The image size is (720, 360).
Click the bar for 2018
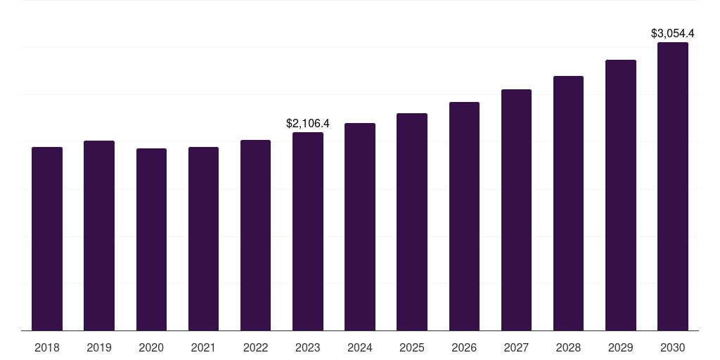[x=47, y=238]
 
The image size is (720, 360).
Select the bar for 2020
[x=151, y=239]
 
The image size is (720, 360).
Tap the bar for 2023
[x=308, y=231]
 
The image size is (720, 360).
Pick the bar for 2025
[x=412, y=221]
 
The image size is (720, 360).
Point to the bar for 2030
[x=673, y=186]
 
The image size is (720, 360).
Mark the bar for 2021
[x=203, y=238]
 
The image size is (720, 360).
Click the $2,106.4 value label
[x=308, y=123]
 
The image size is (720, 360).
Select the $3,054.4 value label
[x=673, y=33]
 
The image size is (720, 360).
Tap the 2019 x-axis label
[x=99, y=347]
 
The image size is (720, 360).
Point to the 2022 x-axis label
[x=256, y=347]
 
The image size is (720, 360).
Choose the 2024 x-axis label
[x=360, y=347]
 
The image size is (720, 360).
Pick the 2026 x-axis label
[x=464, y=347]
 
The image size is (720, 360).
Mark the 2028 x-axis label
[x=568, y=347]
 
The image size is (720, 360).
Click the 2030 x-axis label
[x=673, y=347]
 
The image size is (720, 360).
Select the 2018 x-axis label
[x=47, y=347]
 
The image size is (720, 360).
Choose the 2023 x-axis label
[x=308, y=347]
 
